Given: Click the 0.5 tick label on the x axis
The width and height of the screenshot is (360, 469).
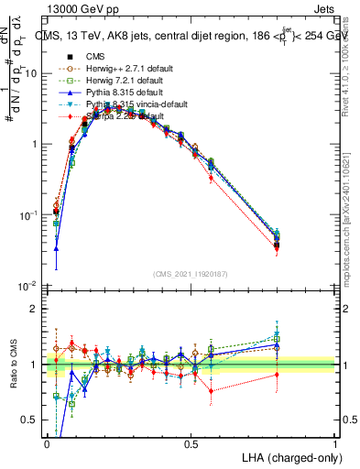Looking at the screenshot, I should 191,443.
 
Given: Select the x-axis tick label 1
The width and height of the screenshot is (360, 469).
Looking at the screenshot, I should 335,443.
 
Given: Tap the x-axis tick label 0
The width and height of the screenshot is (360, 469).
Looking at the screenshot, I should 48,443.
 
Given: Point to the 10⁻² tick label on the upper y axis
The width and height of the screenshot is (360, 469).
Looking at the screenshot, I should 29,287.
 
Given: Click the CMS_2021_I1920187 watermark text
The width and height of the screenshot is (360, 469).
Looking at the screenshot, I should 191,275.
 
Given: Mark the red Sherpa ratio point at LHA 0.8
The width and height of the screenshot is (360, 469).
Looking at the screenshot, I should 277,376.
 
